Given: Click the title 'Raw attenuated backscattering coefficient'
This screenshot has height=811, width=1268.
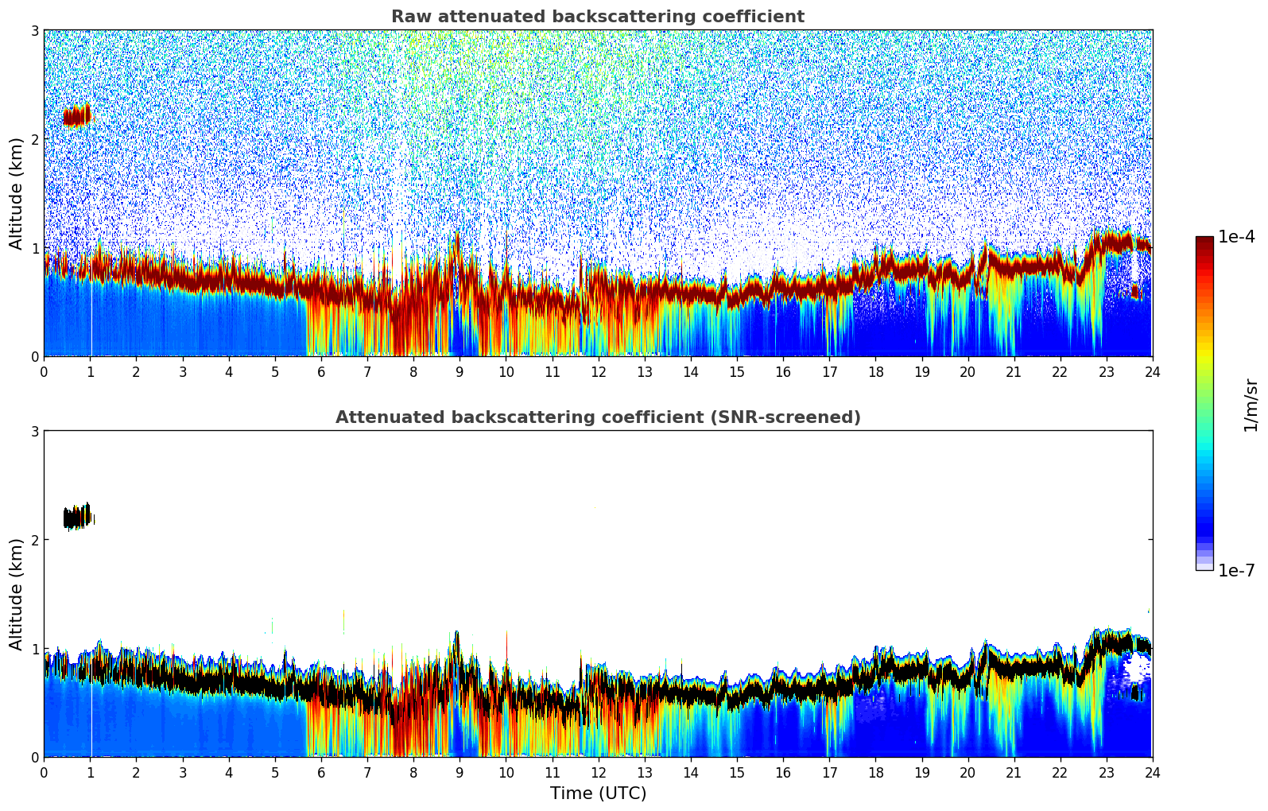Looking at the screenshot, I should pyautogui.click(x=597, y=17).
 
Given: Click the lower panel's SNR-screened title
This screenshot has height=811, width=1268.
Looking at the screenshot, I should pyautogui.click(x=597, y=417).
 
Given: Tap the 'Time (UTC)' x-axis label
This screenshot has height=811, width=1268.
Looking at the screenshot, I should pyautogui.click(x=598, y=793).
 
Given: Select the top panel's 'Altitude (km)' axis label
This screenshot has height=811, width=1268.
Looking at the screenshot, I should pyautogui.click(x=16, y=193).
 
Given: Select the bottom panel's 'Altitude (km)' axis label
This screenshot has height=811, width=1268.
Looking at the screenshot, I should pyautogui.click(x=16, y=594).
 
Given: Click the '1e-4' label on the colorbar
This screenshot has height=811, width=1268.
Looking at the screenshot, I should pyautogui.click(x=1236, y=237).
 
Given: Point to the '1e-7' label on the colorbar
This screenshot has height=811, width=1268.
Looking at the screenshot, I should pyautogui.click(x=1236, y=570).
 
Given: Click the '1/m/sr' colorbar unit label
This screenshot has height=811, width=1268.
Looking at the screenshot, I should pyautogui.click(x=1251, y=405).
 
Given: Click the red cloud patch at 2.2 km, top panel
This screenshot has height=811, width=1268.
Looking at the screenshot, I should pyautogui.click(x=77, y=116).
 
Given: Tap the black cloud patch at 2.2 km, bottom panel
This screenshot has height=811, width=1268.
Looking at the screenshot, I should pyautogui.click(x=77, y=518).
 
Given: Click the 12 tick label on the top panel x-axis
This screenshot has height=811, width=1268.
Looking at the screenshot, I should pyautogui.click(x=598, y=372).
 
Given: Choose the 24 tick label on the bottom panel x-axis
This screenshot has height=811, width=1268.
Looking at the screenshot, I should pyautogui.click(x=1152, y=772).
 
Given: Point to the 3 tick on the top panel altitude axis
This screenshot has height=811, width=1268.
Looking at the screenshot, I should pyautogui.click(x=35, y=30).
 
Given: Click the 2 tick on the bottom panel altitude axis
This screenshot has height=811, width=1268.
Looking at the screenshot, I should pyautogui.click(x=35, y=540).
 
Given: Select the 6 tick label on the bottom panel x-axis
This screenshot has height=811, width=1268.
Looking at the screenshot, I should pyautogui.click(x=321, y=772).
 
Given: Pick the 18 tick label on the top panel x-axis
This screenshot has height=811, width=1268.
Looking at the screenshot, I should pyautogui.click(x=875, y=372).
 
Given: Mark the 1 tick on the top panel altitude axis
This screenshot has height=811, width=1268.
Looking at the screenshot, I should pyautogui.click(x=35, y=248).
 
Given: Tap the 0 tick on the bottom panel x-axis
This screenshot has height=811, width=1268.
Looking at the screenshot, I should pyautogui.click(x=44, y=772).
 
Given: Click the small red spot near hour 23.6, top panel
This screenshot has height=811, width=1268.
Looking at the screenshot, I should pyautogui.click(x=1134, y=292).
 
